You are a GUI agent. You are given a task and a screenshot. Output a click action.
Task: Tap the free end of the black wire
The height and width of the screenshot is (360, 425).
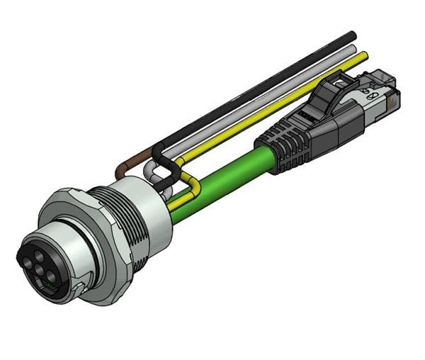point(351,35)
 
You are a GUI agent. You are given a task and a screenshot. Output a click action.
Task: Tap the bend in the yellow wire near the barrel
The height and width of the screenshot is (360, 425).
point(186,177)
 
